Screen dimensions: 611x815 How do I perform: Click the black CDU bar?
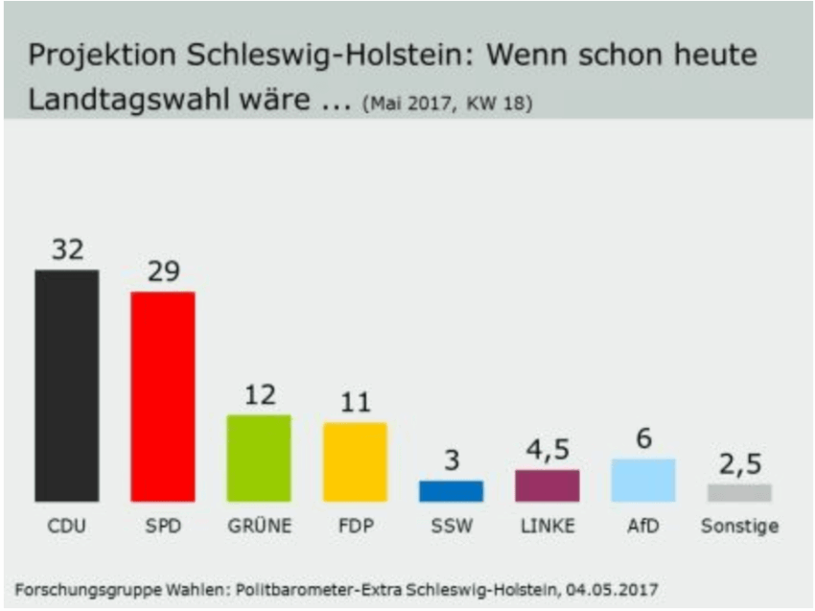click(66, 385)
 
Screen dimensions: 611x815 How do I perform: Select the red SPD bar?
click(162, 396)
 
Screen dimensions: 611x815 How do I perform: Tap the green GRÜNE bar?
click(259, 458)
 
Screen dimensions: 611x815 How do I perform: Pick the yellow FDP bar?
click(355, 461)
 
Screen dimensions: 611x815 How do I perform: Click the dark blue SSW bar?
click(451, 491)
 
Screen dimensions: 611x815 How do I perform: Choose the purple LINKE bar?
click(547, 485)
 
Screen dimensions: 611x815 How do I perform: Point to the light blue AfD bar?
click(643, 480)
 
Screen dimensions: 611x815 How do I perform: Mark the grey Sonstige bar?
click(739, 492)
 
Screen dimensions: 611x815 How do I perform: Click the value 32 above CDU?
click(67, 250)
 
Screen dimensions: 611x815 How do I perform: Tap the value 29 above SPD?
click(163, 272)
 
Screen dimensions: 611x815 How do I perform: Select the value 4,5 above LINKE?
click(547, 449)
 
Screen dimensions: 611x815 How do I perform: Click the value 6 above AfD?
click(643, 438)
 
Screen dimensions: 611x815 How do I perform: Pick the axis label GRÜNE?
click(259, 527)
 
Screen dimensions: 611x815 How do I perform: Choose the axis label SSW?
click(451, 527)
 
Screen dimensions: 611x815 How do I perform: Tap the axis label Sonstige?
click(739, 527)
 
